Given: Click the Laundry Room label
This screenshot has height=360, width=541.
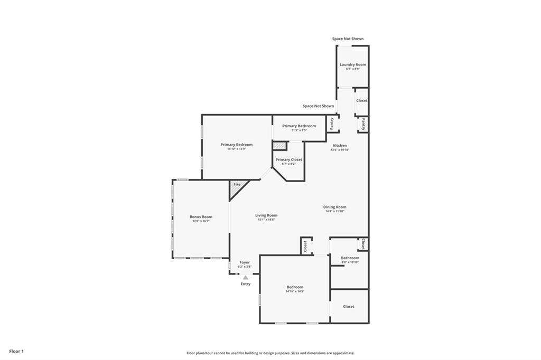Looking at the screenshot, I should pyautogui.click(x=352, y=64).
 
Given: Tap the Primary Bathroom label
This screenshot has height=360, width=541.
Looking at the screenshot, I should pyautogui.click(x=299, y=126).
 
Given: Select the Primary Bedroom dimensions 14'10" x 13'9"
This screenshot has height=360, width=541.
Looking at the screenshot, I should pyautogui.click(x=236, y=149).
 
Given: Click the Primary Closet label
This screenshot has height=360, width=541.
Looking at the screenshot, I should pyautogui.click(x=289, y=159).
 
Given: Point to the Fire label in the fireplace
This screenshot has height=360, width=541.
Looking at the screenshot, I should pyautogui.click(x=237, y=184).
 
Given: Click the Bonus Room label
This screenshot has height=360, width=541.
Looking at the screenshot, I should pyautogui.click(x=201, y=216).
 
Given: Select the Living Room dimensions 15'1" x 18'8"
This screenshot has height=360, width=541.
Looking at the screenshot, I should pyautogui.click(x=267, y=220).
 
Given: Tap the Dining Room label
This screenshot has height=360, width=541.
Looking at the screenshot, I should pyautogui.click(x=334, y=207).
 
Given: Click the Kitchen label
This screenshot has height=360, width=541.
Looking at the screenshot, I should pyautogui.click(x=340, y=145).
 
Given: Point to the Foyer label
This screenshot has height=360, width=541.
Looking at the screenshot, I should pyautogui.click(x=245, y=262).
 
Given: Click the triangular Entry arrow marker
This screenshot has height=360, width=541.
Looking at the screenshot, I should pyautogui.click(x=245, y=278).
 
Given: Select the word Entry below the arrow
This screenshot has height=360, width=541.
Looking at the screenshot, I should pyautogui.click(x=246, y=284).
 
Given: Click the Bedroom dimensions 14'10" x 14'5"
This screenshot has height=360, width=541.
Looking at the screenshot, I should pyautogui.click(x=295, y=291).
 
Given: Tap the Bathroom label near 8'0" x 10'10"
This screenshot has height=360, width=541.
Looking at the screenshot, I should pyautogui.click(x=350, y=258).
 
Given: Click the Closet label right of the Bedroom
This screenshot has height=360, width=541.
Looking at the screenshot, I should pyautogui.click(x=349, y=306).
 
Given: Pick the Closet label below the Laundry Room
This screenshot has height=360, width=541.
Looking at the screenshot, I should pyautogui.click(x=361, y=100).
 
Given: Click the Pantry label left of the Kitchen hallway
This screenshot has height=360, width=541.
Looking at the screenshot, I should pyautogui.click(x=332, y=124).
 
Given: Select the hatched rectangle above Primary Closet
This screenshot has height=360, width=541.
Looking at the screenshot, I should pyautogui.click(x=279, y=146).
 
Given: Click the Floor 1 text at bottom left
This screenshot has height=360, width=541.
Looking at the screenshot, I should pyautogui.click(x=16, y=351).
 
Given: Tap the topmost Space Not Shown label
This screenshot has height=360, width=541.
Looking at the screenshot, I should pyautogui.click(x=348, y=39).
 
